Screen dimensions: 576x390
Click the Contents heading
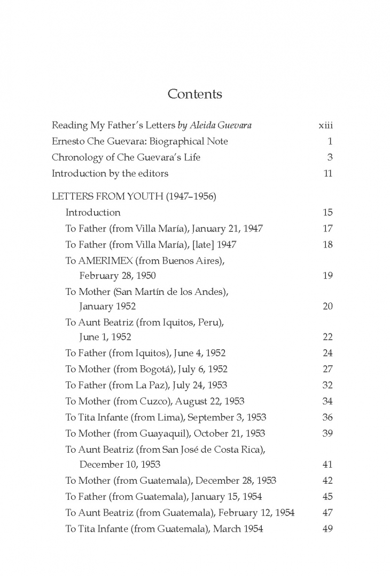[194, 94]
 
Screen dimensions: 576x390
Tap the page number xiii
[325, 125]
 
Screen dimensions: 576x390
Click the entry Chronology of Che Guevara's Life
[126, 157]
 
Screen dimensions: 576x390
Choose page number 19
[327, 276]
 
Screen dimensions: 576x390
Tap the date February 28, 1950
[118, 276]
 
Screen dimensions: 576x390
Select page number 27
[327, 369]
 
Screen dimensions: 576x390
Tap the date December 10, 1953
[120, 465]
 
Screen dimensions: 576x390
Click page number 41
[327, 465]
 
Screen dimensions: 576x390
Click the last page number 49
[327, 529]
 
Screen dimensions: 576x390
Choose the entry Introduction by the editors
[110, 173]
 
